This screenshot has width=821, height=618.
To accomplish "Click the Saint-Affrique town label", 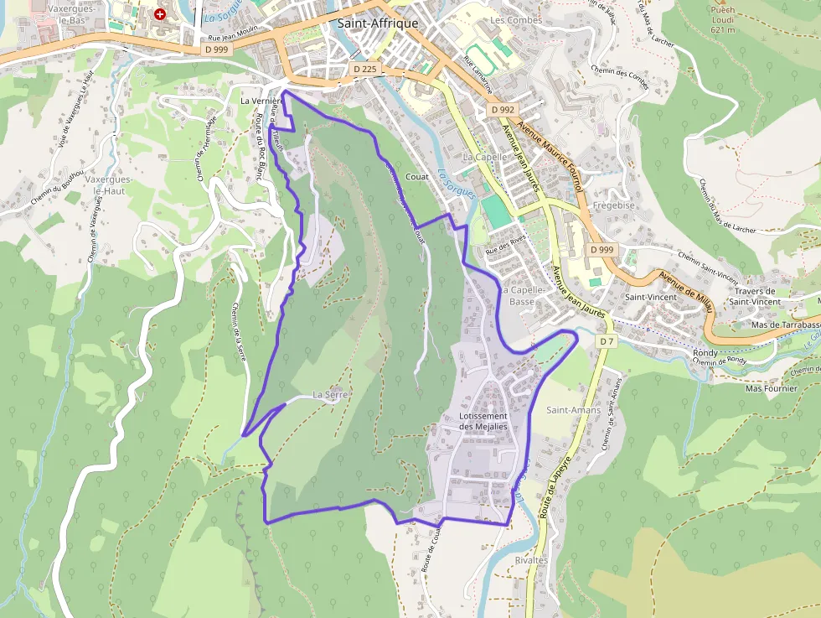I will [377, 23].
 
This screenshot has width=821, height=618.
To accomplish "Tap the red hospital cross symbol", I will [160, 14].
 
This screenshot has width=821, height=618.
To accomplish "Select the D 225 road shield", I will [364, 69].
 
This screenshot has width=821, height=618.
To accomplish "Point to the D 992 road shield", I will [503, 110].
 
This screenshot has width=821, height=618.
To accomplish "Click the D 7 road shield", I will [607, 341].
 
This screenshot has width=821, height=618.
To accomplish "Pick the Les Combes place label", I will [515, 19].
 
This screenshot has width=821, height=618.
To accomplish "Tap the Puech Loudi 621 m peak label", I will [722, 20].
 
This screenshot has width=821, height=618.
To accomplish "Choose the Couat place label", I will [416, 177].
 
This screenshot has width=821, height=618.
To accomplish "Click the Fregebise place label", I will [614, 205].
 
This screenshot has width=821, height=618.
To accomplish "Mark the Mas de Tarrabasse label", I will [785, 325].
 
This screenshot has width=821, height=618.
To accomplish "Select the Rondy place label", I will [705, 352].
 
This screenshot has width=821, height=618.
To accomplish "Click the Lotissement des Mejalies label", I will [483, 421].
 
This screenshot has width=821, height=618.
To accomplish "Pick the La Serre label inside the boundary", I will [329, 393].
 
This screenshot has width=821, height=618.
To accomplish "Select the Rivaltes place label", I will [531, 559].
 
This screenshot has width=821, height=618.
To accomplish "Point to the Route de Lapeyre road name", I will [556, 486].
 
